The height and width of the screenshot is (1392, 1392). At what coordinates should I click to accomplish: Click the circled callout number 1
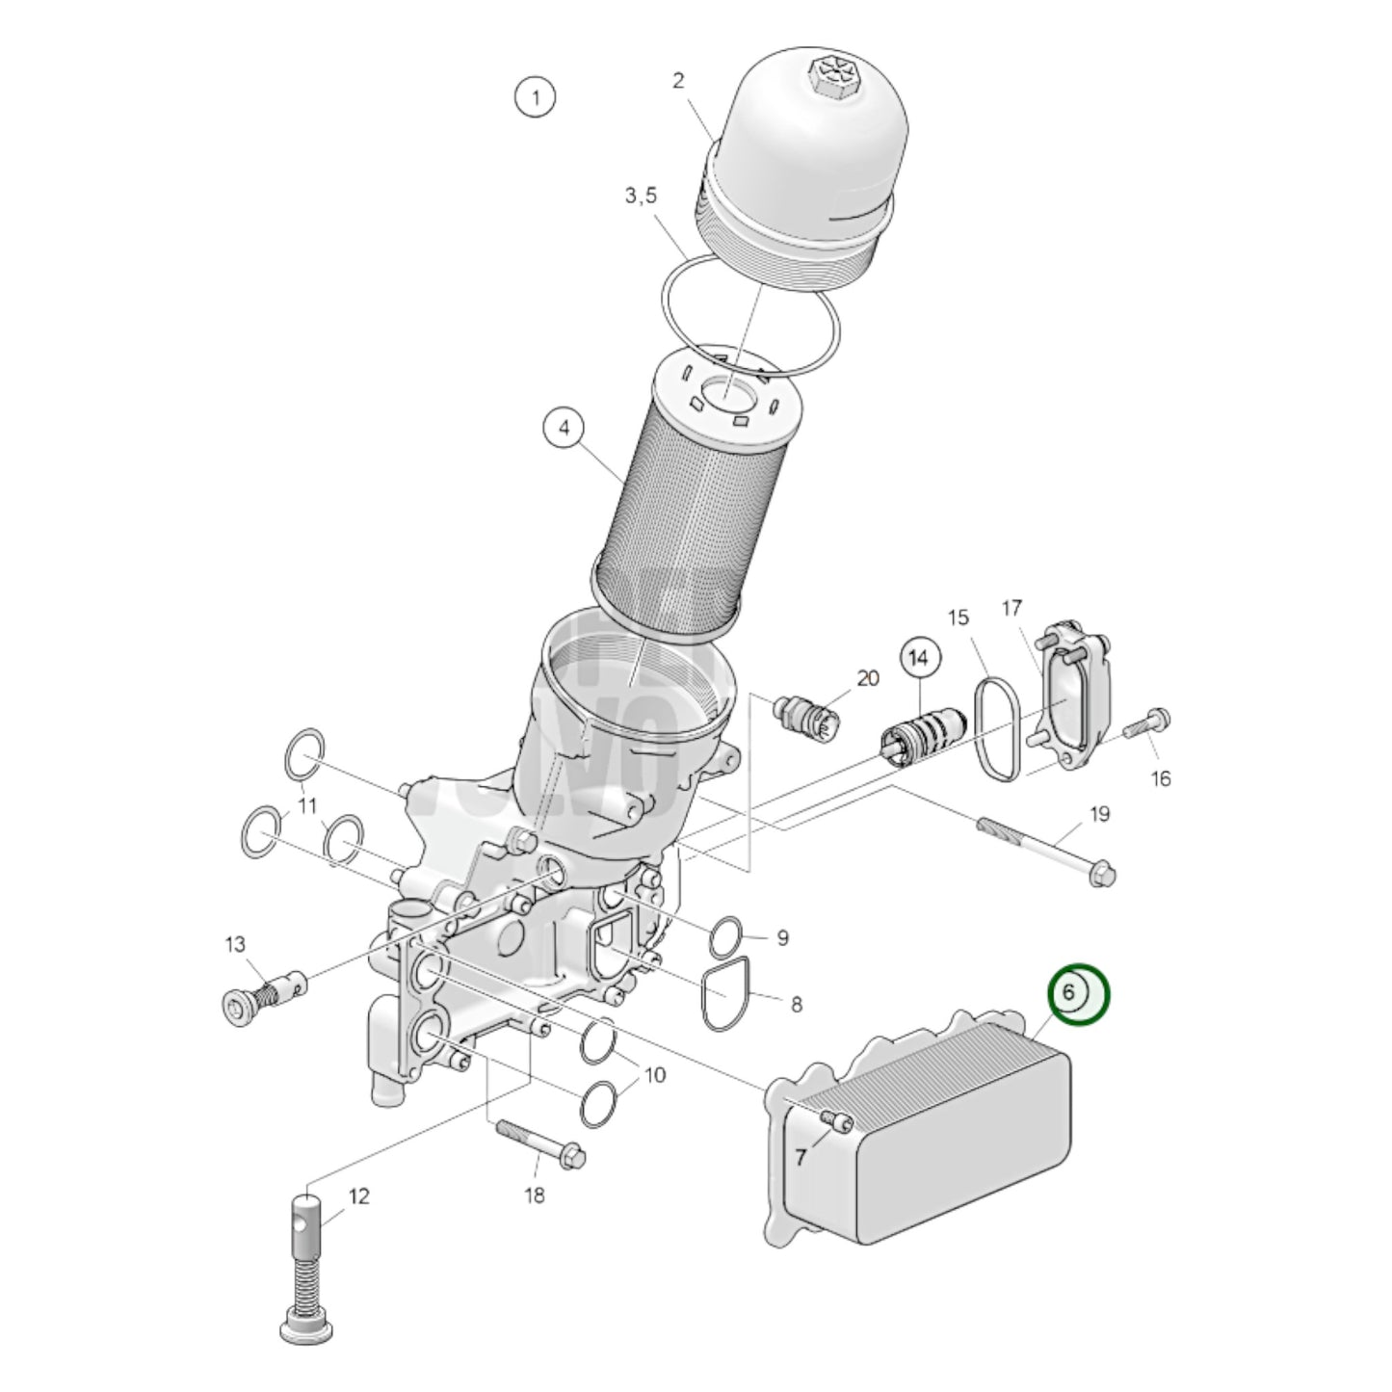(x=535, y=96)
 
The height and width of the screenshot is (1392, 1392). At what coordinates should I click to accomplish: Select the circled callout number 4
(x=565, y=429)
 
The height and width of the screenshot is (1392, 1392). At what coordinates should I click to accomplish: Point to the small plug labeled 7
(x=837, y=1119)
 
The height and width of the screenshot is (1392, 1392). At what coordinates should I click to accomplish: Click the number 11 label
(x=306, y=804)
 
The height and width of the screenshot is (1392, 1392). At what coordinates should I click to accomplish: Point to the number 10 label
(x=654, y=1073)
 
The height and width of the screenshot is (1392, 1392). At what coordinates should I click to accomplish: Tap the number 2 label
(x=678, y=81)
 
